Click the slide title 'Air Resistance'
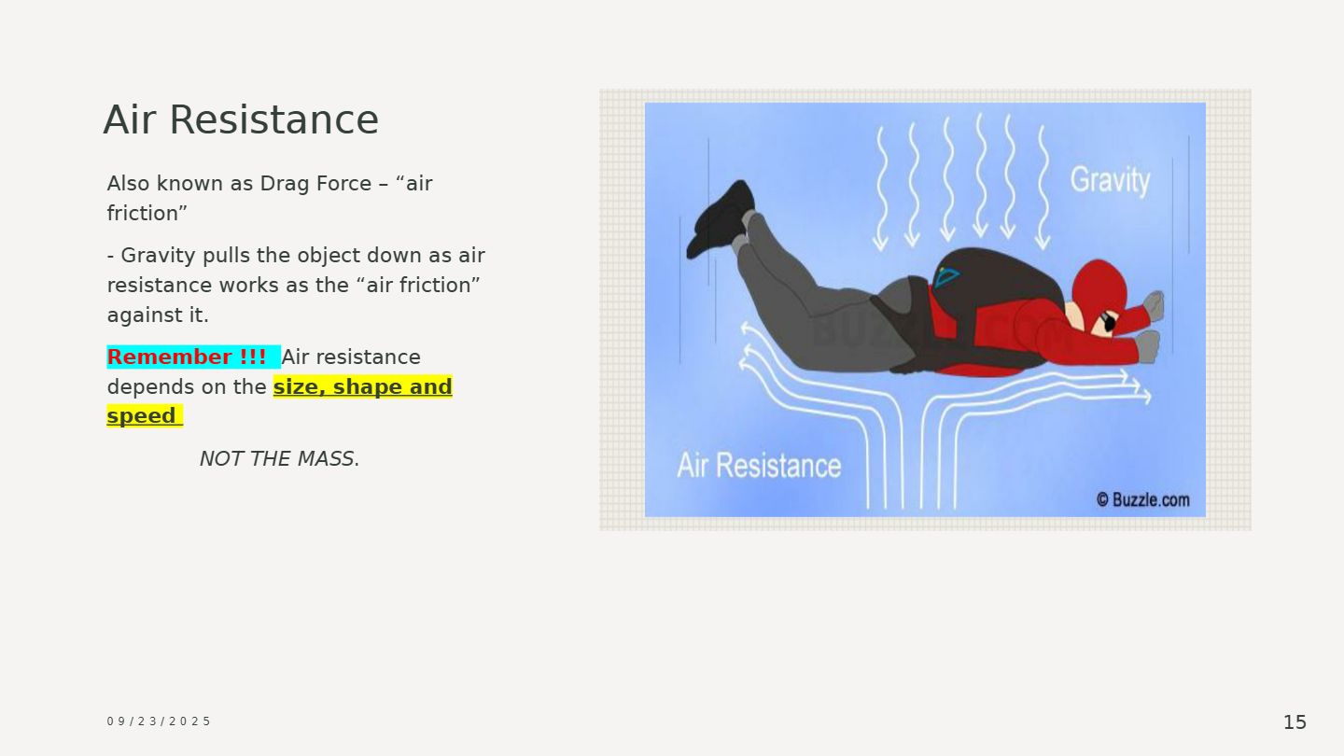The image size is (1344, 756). coord(241,119)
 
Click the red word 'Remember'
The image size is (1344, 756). coord(169,357)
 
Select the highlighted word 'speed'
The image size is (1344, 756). coord(141,416)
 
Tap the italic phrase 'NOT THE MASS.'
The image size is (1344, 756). coord(280,459)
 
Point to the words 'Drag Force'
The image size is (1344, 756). coord(315,184)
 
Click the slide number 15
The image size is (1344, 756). coord(1295,721)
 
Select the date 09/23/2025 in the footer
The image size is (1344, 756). coord(159,721)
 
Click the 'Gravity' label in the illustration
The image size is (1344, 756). coord(1110,180)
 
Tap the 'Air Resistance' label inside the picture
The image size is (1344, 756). coord(759,466)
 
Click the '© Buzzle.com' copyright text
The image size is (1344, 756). coord(1143,500)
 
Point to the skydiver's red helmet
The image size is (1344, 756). coord(1099,285)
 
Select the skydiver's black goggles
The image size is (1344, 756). coord(1108,322)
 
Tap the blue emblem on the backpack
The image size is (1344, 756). coord(946,277)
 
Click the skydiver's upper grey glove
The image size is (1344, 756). coord(1154,305)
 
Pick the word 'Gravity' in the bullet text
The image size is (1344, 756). coord(159,256)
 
